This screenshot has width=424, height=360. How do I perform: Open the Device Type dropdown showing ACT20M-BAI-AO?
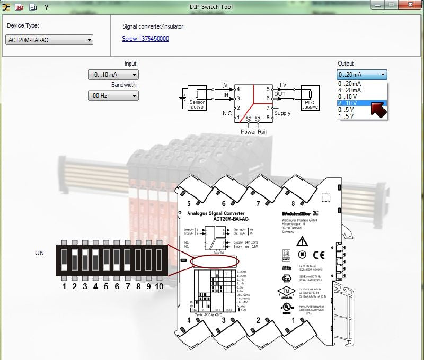pyautogui.click(x=49, y=40)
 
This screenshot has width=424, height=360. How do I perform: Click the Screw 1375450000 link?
pyautogui.click(x=145, y=39)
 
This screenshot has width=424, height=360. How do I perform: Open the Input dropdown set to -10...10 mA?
pyautogui.click(x=113, y=75)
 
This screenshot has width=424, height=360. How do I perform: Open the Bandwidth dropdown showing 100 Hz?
pyautogui.click(x=113, y=96)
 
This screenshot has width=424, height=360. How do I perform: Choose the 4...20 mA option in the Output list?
pyautogui.click(x=350, y=90)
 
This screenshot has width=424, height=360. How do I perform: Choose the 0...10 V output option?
pyautogui.click(x=349, y=96)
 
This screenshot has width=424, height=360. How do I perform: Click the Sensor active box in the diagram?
pyautogui.click(x=197, y=98)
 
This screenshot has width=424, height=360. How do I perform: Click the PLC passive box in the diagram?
pyautogui.click(x=310, y=98)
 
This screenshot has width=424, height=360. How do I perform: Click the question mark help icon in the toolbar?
pyautogui.click(x=47, y=7)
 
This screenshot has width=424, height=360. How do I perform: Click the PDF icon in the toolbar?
pyautogui.click(x=19, y=7)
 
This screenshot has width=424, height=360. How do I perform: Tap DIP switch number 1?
pyautogui.click(x=64, y=260)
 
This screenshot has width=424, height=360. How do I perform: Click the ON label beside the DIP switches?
pyautogui.click(x=40, y=253)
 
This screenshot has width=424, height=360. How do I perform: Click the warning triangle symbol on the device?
pyautogui.click(x=302, y=241)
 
